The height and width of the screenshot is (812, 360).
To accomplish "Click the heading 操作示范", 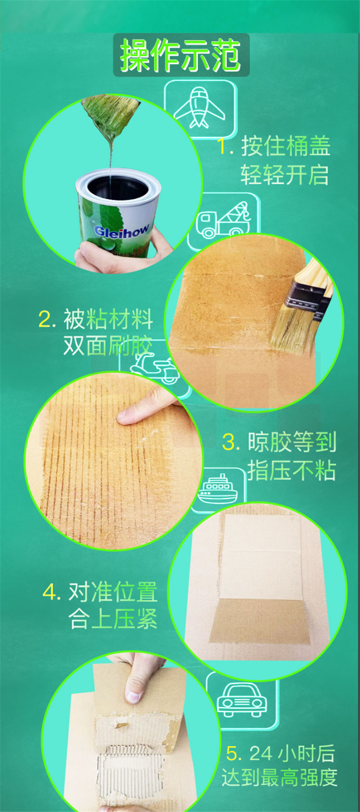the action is point(180,55).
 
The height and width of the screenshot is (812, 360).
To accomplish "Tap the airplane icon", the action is point(199,108).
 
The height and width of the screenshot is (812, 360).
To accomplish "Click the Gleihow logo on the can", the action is point(121,230).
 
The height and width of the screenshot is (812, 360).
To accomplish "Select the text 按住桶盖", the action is point(286,146).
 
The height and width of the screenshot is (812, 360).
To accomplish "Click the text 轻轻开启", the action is point(285,175).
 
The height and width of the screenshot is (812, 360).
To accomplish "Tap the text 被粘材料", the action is point(108,319).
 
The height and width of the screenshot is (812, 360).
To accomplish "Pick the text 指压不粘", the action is point(292,470).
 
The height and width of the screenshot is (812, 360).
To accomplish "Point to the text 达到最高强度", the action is point(279,777).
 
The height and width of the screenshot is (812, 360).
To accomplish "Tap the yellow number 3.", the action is point(229,442).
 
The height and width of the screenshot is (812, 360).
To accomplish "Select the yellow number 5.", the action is point(232,753).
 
